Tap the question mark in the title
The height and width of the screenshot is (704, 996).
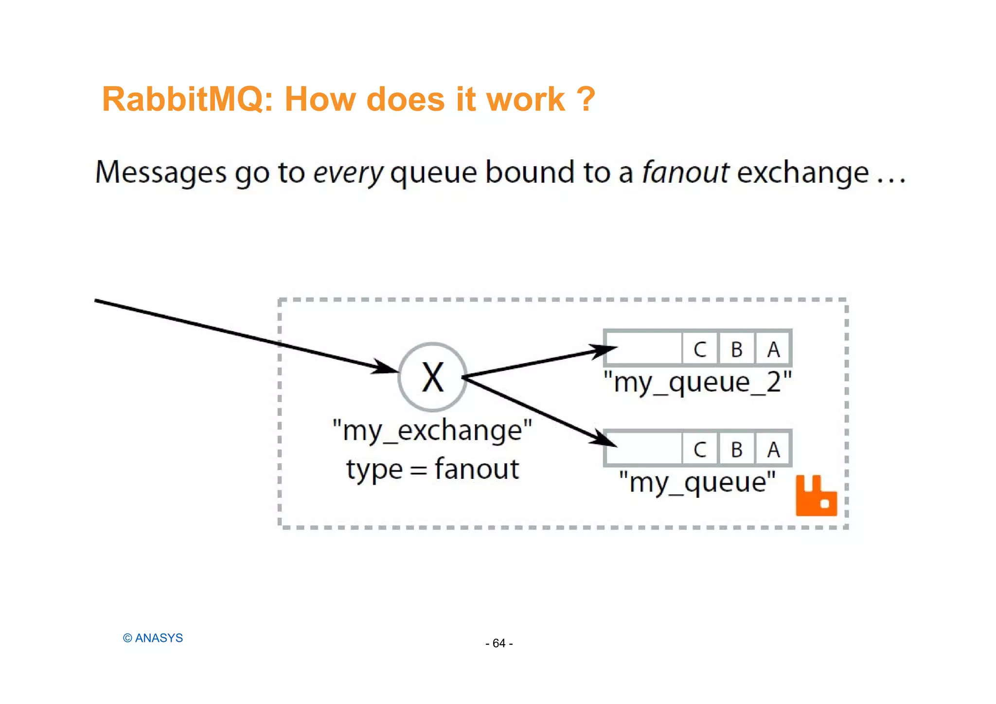[586, 100]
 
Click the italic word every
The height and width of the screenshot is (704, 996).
[348, 174]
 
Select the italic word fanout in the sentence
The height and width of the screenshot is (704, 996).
[685, 173]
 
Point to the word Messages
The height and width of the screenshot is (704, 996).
[160, 173]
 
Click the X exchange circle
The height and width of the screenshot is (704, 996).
[432, 377]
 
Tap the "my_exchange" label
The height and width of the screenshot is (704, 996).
[432, 431]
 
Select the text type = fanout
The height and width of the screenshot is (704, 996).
[432, 469]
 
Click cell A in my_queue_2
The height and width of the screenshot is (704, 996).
[773, 349]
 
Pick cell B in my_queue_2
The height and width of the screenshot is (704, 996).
[736, 349]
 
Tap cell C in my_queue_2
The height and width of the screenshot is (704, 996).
[700, 349]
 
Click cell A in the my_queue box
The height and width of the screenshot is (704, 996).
[773, 449]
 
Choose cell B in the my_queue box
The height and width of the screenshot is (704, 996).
[736, 449]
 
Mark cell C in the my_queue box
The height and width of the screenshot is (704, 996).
[700, 449]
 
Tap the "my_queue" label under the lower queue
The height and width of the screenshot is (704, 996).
[697, 483]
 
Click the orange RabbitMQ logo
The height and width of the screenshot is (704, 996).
[816, 497]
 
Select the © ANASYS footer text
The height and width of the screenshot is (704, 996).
[153, 638]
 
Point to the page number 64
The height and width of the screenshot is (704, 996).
[499, 643]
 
